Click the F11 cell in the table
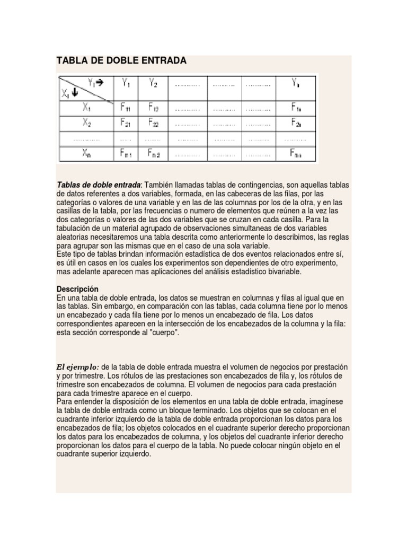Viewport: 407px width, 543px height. click(x=126, y=108)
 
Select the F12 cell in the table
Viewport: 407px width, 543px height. click(x=154, y=108)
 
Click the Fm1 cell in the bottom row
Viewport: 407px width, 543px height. click(x=126, y=154)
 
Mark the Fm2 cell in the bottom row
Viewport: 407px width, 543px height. click(x=154, y=154)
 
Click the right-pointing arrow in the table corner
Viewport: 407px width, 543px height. click(x=99, y=82)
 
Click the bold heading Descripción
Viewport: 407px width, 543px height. click(x=77, y=289)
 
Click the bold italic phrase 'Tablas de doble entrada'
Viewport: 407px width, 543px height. click(x=99, y=185)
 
